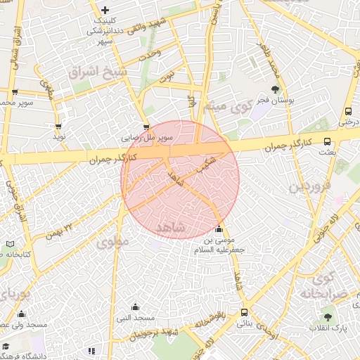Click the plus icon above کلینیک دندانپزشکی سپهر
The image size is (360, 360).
click(105, 10)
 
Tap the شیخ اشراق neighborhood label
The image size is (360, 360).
click(98, 72)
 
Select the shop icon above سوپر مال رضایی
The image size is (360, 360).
click(146, 127)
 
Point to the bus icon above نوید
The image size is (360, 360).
click(59, 127)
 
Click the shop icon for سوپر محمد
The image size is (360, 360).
click(14, 92)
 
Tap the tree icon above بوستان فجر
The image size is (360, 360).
click(274, 89)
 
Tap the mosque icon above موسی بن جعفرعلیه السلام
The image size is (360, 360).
click(218, 230)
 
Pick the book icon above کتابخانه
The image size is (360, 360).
click(9, 244)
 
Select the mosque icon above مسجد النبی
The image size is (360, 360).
click(135, 307)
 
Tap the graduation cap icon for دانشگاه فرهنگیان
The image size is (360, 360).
click(4, 347)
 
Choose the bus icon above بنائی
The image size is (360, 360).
click(244, 312)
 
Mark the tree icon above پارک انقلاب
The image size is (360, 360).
click(328, 316)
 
